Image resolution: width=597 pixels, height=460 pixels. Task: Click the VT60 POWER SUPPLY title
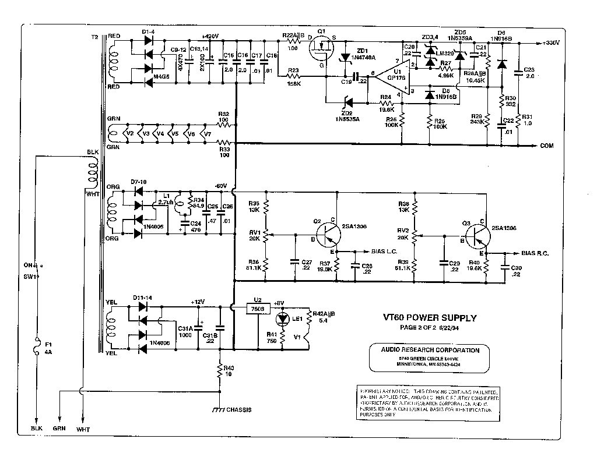coord(429,318)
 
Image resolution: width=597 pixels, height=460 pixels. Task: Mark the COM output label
coord(547,146)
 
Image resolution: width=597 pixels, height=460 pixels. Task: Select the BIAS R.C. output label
coord(535,254)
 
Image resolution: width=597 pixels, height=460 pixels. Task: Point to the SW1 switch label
coord(30,277)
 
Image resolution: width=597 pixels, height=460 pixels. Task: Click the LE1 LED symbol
coord(283,319)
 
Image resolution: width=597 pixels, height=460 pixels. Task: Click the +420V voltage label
coord(209,36)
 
